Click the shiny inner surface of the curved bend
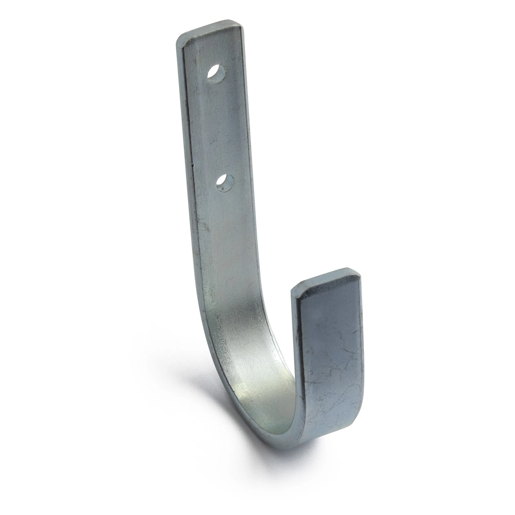click(256, 387)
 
